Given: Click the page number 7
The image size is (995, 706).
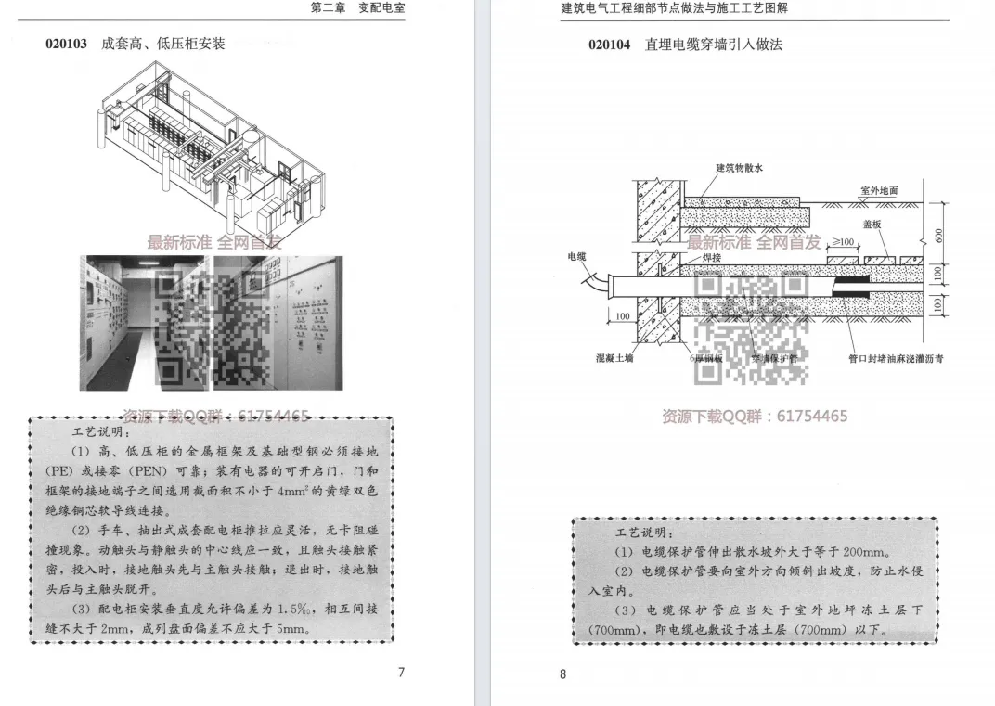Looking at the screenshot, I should (x=401, y=673).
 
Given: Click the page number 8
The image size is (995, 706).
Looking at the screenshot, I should (x=562, y=674).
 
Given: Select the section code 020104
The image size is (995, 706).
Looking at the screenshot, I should (x=609, y=45).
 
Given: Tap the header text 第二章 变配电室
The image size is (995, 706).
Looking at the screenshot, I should (x=357, y=8).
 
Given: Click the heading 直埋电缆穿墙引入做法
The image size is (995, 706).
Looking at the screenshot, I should (x=714, y=45).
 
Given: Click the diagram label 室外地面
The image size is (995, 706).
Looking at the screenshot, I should (x=878, y=190).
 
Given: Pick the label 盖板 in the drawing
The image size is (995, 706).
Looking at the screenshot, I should (x=872, y=225).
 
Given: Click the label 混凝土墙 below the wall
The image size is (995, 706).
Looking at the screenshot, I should (x=614, y=357).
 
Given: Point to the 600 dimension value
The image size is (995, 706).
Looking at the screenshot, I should (x=939, y=236).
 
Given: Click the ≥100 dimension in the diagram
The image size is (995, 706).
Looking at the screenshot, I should (x=844, y=241).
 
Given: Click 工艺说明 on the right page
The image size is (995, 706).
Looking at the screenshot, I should (x=641, y=533).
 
